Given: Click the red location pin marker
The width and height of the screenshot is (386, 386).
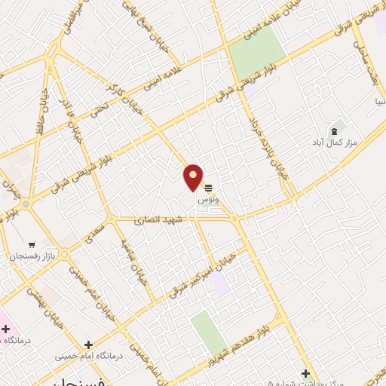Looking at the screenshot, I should coord(193,178).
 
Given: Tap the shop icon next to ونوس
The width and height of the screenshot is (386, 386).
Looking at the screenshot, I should coord(208,188).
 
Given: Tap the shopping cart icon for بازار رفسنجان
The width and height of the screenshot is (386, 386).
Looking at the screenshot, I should coord(32,244).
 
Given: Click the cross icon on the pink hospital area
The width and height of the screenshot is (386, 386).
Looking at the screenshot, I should coord(6,329).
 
